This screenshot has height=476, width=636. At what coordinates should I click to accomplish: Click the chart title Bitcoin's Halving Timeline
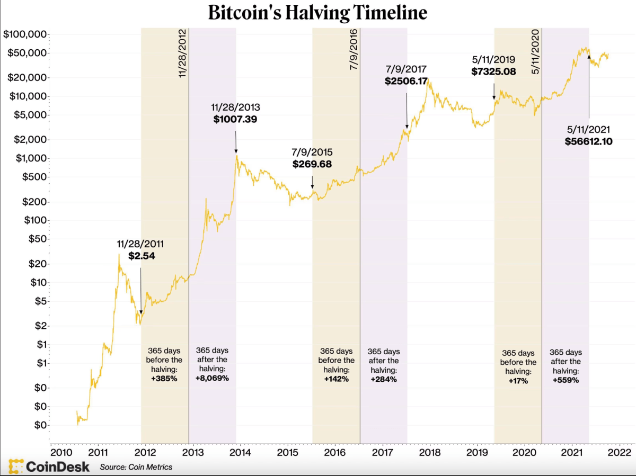pyautogui.click(x=317, y=13)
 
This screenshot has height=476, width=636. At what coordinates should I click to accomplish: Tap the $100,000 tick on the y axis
pyautogui.click(x=26, y=35)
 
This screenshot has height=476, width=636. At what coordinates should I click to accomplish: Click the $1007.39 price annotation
pyautogui.click(x=235, y=119)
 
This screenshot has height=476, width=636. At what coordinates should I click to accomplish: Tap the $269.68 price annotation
pyautogui.click(x=312, y=164)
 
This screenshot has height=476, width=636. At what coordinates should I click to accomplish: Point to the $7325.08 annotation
pyautogui.click(x=493, y=71)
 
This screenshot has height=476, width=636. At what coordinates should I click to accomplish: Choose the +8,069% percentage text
pyautogui.click(x=212, y=379)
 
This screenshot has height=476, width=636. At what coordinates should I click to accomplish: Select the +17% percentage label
pyautogui.click(x=518, y=380)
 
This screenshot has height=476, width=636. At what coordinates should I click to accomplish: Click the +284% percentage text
pyautogui.click(x=383, y=379)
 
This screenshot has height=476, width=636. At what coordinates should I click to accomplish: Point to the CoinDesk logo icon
pyautogui.click(x=16, y=466)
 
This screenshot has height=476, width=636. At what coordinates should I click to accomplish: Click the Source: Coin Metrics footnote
pyautogui.click(x=136, y=467)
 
